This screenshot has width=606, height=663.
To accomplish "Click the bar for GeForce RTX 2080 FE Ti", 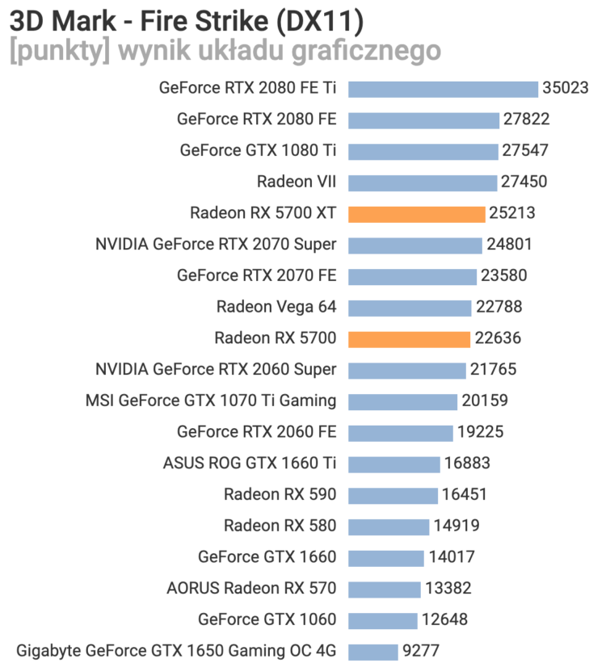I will pyautogui.click(x=443, y=89).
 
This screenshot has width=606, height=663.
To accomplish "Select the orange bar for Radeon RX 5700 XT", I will pyautogui.click(x=417, y=214).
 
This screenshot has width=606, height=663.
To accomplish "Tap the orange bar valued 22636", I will pyautogui.click(x=409, y=339).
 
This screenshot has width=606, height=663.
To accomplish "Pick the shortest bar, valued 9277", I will pyautogui.click(x=373, y=652).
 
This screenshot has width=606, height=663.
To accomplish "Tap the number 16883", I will pyautogui.click(x=467, y=464).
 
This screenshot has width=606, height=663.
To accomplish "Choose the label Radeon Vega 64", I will pyautogui.click(x=276, y=308).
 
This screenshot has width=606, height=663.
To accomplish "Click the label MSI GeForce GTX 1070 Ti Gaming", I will pyautogui.click(x=211, y=401).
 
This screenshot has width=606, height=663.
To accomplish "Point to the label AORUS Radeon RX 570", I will pyautogui.click(x=251, y=589).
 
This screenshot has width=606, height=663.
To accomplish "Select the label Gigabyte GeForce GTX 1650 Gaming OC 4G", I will pyautogui.click(x=176, y=652).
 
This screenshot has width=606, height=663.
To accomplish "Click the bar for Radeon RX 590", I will pyautogui.click(x=393, y=495).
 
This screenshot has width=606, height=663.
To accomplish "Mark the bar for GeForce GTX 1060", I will pyautogui.click(x=383, y=620).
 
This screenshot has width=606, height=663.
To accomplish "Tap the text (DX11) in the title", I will pyautogui.click(x=317, y=18).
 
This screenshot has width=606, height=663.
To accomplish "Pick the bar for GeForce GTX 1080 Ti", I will pyautogui.click(x=423, y=151).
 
